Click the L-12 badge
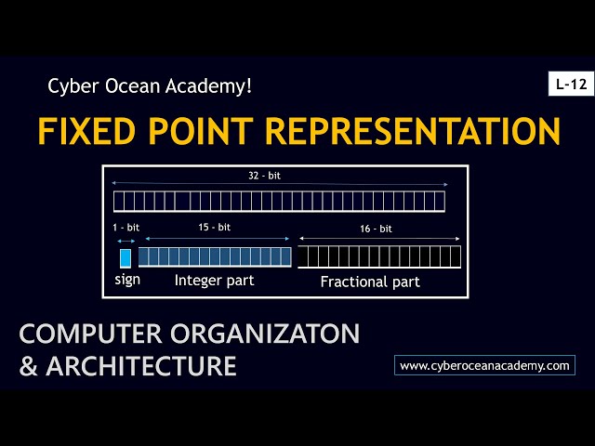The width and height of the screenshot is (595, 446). [x=570, y=85]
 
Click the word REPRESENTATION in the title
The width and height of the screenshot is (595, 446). [x=413, y=130]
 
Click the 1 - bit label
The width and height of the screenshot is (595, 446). [x=125, y=227]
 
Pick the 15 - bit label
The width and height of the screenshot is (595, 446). [x=214, y=227]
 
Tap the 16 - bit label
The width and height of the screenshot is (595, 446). [x=376, y=229]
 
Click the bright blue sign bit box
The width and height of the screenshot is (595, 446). [x=126, y=257]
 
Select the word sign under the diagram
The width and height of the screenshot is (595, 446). [x=127, y=280]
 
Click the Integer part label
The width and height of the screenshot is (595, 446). [x=214, y=280]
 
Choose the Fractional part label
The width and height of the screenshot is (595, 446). [x=370, y=282]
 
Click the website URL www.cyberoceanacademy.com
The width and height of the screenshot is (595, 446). [x=484, y=366]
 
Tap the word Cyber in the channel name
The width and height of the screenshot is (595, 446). [x=71, y=86]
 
